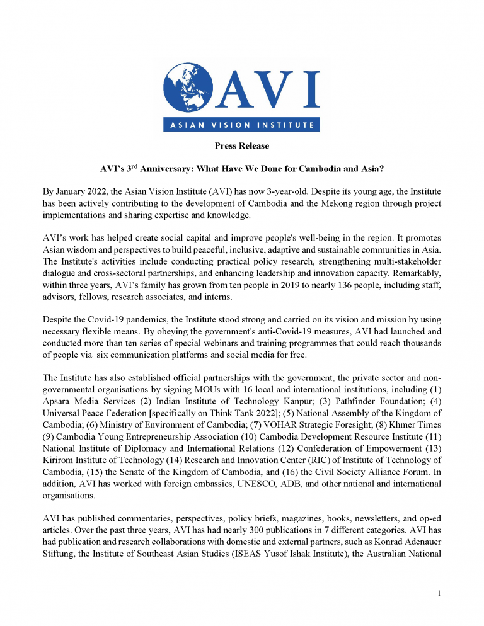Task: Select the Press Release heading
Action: (241, 146)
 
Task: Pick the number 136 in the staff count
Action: (313, 282)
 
